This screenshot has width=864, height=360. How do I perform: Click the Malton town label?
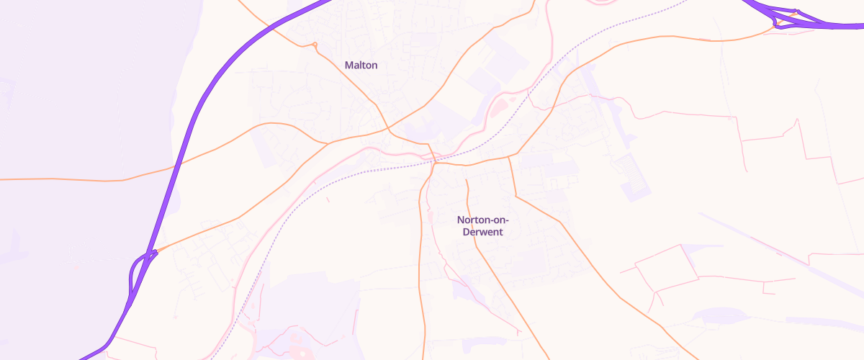(361, 65)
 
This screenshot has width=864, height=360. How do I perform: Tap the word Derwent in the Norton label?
(482, 233)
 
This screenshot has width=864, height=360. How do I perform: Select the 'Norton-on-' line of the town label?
(482, 220)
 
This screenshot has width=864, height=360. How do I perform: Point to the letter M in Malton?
(349, 65)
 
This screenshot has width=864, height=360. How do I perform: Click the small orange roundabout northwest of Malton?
(315, 45)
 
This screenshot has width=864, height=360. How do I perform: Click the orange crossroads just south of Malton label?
(389, 130)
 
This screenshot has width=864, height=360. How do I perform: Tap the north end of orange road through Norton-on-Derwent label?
(467, 179)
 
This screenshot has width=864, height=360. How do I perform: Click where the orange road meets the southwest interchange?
(156, 251)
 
